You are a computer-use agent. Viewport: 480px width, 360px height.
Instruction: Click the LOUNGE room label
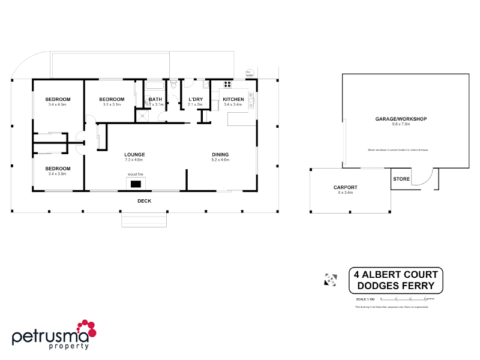134,154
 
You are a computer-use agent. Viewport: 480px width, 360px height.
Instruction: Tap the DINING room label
220,154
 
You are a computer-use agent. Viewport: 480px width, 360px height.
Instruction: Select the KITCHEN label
233,99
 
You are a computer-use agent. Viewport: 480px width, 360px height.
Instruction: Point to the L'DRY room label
196,99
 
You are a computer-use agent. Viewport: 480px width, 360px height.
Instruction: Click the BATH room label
155,99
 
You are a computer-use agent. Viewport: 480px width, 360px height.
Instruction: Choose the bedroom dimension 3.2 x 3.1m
112,104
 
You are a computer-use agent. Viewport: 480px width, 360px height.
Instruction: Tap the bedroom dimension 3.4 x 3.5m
58,173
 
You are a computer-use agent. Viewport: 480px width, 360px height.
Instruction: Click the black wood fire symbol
136,184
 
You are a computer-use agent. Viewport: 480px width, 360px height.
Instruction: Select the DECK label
144,201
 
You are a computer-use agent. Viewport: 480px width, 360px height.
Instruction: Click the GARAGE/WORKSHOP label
401,119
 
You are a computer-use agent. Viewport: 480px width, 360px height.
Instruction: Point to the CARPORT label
346,187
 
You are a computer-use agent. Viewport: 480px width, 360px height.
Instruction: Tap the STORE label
401,179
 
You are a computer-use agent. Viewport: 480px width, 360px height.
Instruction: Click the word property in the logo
69,346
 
